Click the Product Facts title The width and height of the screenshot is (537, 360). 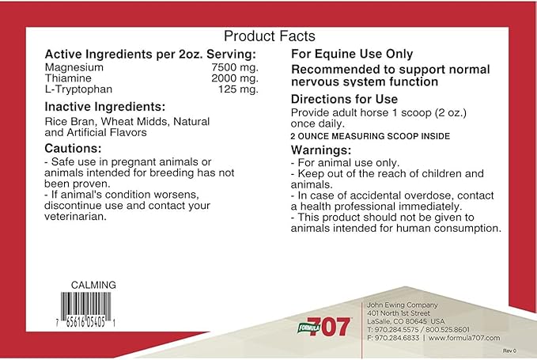[x=270, y=36]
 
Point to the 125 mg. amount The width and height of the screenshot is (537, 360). [x=237, y=89]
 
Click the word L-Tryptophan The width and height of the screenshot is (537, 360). [x=77, y=89]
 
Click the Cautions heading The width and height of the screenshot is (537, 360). [x=74, y=148]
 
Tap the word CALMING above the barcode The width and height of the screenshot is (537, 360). [x=93, y=285]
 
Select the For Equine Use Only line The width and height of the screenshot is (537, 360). [x=352, y=55]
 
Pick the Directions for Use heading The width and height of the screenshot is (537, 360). [x=344, y=100]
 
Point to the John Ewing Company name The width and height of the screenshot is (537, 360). [x=392, y=304]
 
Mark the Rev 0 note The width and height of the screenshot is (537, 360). [x=509, y=349]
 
